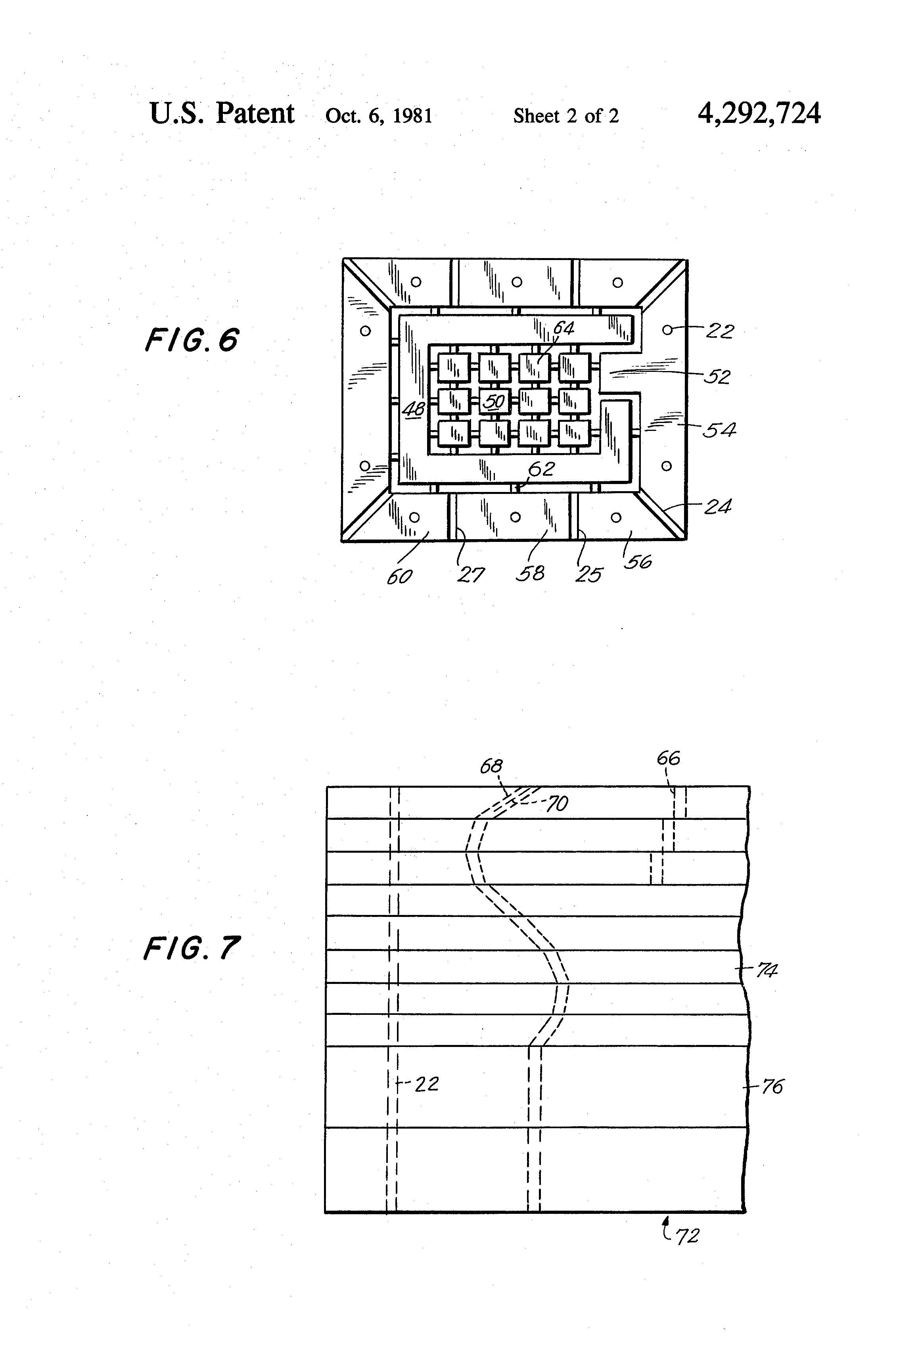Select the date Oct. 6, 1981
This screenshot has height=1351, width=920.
pos(379,116)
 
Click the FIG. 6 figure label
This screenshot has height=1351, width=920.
pos(191,340)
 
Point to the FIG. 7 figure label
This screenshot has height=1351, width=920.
pos(191,948)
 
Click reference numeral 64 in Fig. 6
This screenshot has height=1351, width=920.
pos(563,329)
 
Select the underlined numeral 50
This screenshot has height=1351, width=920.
pos(494,401)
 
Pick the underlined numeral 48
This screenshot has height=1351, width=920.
pos(414,409)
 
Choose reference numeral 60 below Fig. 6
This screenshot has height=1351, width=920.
pos(399,577)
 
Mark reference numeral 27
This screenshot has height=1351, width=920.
pos(470,575)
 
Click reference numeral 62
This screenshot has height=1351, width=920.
pos(541,469)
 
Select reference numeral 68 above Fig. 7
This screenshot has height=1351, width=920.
pos(491,766)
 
